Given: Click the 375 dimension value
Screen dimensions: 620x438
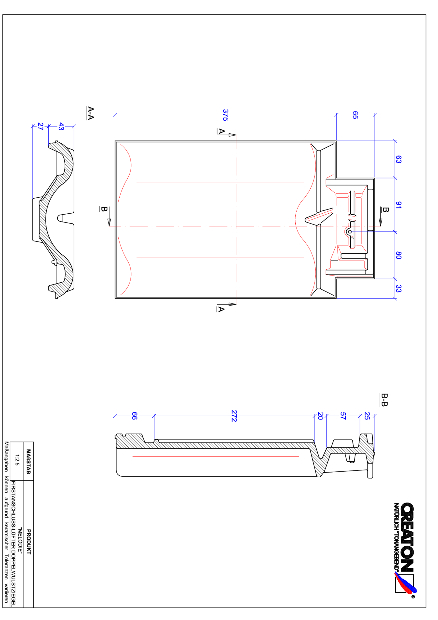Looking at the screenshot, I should click(225, 115).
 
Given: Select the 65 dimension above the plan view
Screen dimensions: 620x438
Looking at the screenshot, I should click(355, 115).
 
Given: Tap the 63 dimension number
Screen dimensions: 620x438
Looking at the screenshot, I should click(398, 159).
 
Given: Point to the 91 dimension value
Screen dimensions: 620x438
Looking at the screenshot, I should click(398, 205).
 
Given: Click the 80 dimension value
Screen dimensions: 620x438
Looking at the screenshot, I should click(398, 255).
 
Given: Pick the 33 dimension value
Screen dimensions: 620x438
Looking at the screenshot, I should click(398, 289).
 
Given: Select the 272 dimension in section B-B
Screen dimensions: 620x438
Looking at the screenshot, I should click(234, 416).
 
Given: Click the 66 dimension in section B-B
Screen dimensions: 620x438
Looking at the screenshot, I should click(134, 416).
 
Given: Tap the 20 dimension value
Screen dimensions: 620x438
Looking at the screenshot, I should click(320, 416).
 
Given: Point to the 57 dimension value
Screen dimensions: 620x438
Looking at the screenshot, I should click(343, 416).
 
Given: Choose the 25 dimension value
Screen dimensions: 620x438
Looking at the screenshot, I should click(367, 416).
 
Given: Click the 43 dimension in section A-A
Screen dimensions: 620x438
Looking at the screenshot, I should click(61, 126).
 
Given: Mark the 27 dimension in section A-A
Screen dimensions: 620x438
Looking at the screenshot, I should click(40, 126).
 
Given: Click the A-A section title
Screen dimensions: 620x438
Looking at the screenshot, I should click(91, 113).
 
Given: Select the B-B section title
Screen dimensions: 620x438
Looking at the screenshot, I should click(384, 400).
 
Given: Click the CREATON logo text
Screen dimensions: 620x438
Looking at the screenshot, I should click(407, 537).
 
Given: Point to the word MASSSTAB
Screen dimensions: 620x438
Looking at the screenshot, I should click(29, 462).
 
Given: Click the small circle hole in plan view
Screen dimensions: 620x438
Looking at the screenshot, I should click(350, 232).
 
